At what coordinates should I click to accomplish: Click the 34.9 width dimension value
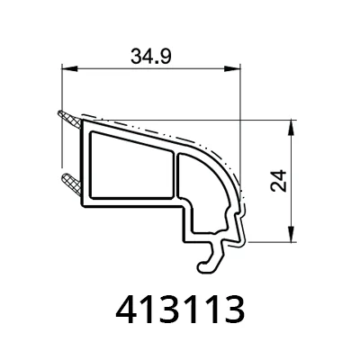(x=151, y=56)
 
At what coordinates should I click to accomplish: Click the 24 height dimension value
(x=278, y=181)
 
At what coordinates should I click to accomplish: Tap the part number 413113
(x=180, y=309)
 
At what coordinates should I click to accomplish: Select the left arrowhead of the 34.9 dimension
(x=69, y=69)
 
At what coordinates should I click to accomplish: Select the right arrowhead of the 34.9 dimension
(x=232, y=69)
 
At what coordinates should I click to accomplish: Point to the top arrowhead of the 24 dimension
(x=291, y=128)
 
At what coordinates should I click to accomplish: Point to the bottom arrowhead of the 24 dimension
(x=291, y=233)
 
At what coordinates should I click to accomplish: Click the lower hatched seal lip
(x=71, y=184)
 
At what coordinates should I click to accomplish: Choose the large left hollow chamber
(x=131, y=166)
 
